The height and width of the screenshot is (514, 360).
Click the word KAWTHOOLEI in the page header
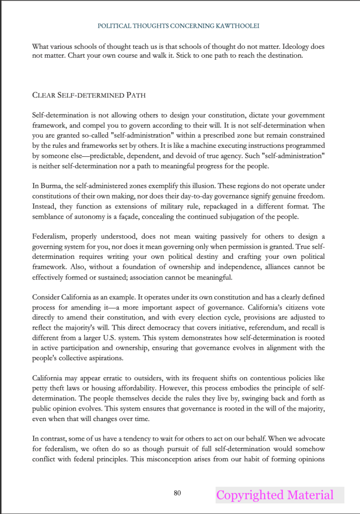pyautogui.click(x=237, y=25)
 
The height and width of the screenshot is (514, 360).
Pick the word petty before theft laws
pyautogui.click(x=41, y=388)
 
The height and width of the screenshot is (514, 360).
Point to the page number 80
pyautogui.click(x=177, y=493)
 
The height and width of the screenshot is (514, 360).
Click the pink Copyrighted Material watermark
pyautogui.click(x=275, y=495)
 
